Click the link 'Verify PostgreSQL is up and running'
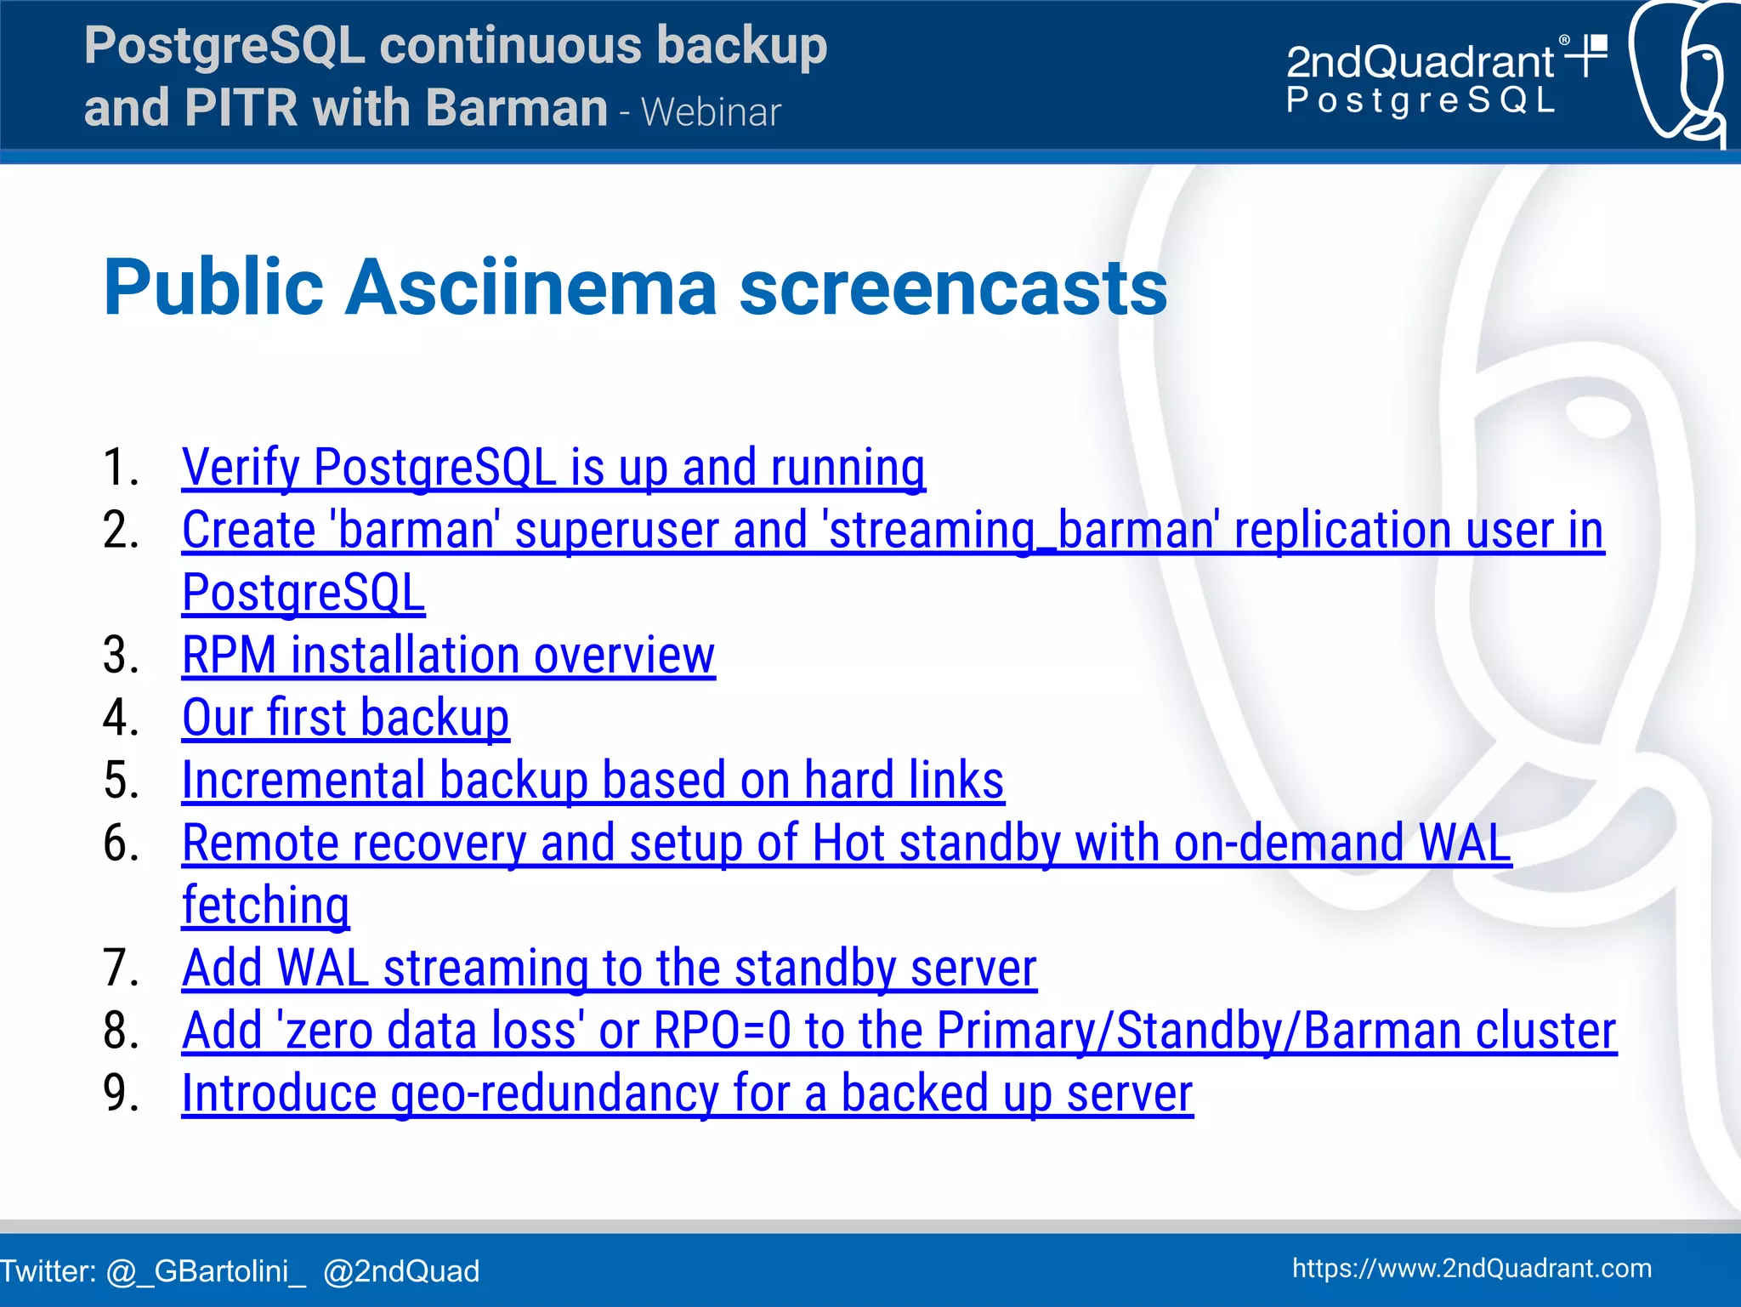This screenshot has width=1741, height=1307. coord(553,468)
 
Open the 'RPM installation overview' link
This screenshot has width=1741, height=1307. coord(448,656)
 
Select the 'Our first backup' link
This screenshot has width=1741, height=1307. coord(345,718)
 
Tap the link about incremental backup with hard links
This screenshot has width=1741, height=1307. coord(593,781)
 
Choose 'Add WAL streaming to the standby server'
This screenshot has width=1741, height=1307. coord(609,969)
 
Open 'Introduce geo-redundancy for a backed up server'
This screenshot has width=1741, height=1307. coord(687,1094)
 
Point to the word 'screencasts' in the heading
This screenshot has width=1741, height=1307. coord(952,287)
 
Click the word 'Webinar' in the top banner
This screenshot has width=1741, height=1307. coord(711,112)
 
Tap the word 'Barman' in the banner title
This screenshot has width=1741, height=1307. coord(516,108)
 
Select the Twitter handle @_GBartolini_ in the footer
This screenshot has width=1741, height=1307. coord(206,1271)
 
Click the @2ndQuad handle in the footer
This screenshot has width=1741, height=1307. coord(401,1271)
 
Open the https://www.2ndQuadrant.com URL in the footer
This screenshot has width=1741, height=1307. coord(1472,1268)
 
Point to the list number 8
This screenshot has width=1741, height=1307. coord(121,1031)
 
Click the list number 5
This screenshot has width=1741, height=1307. coord(121,781)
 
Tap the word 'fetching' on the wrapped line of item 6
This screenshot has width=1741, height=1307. coord(265,906)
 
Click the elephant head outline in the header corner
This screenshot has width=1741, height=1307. coord(1679,72)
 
